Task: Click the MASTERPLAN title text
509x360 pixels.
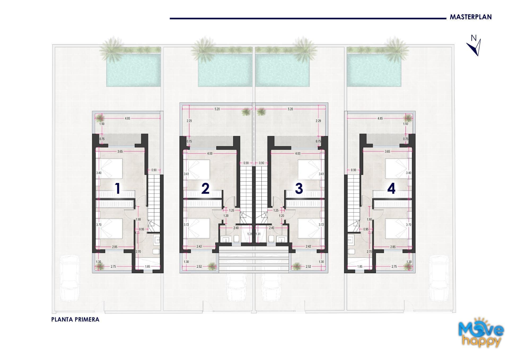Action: pyautogui.click(x=471, y=17)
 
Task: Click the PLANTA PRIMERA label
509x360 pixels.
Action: pyautogui.click(x=75, y=319)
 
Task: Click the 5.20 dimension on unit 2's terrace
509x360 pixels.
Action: pyautogui.click(x=217, y=109)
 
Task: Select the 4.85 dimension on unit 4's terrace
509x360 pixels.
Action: pyautogui.click(x=380, y=118)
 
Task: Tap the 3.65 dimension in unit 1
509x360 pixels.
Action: pyautogui.click(x=120, y=151)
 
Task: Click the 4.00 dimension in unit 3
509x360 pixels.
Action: pyautogui.click(x=298, y=153)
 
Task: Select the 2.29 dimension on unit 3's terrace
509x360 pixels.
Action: pyautogui.click(x=318, y=121)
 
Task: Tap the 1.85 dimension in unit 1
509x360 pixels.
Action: pyautogui.click(x=148, y=266)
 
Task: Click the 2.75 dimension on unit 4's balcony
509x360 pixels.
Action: pyautogui.click(x=394, y=266)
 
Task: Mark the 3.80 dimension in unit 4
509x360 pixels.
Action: pyautogui.click(x=409, y=173)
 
